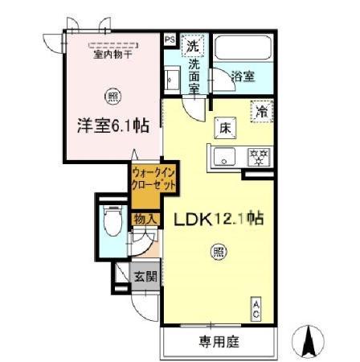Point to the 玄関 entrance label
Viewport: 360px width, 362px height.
coord(145,276)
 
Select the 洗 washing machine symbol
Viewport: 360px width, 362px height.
coord(194,45)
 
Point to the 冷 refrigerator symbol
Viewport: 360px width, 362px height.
coord(261,113)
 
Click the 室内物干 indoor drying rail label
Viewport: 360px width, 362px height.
coord(112,55)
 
